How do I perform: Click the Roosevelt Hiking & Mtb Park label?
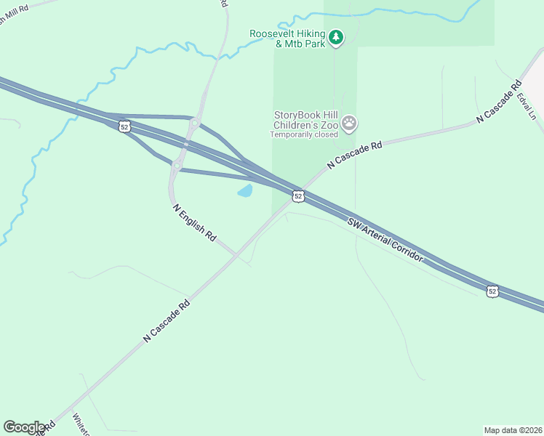click(x=287, y=39)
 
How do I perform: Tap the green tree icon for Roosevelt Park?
click(x=335, y=36)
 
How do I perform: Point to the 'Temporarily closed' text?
click(x=304, y=134)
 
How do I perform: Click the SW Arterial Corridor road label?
click(x=385, y=239)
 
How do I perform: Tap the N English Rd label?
click(x=195, y=222)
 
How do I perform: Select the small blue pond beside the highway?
click(x=244, y=191)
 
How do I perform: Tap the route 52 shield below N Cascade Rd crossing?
click(x=297, y=196)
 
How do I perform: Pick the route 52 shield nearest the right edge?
click(x=493, y=291)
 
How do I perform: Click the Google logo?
click(x=24, y=427)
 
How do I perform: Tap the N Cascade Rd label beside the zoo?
click(x=355, y=156)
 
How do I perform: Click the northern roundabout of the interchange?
click(x=195, y=123)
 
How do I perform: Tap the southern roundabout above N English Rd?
click(x=177, y=166)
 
